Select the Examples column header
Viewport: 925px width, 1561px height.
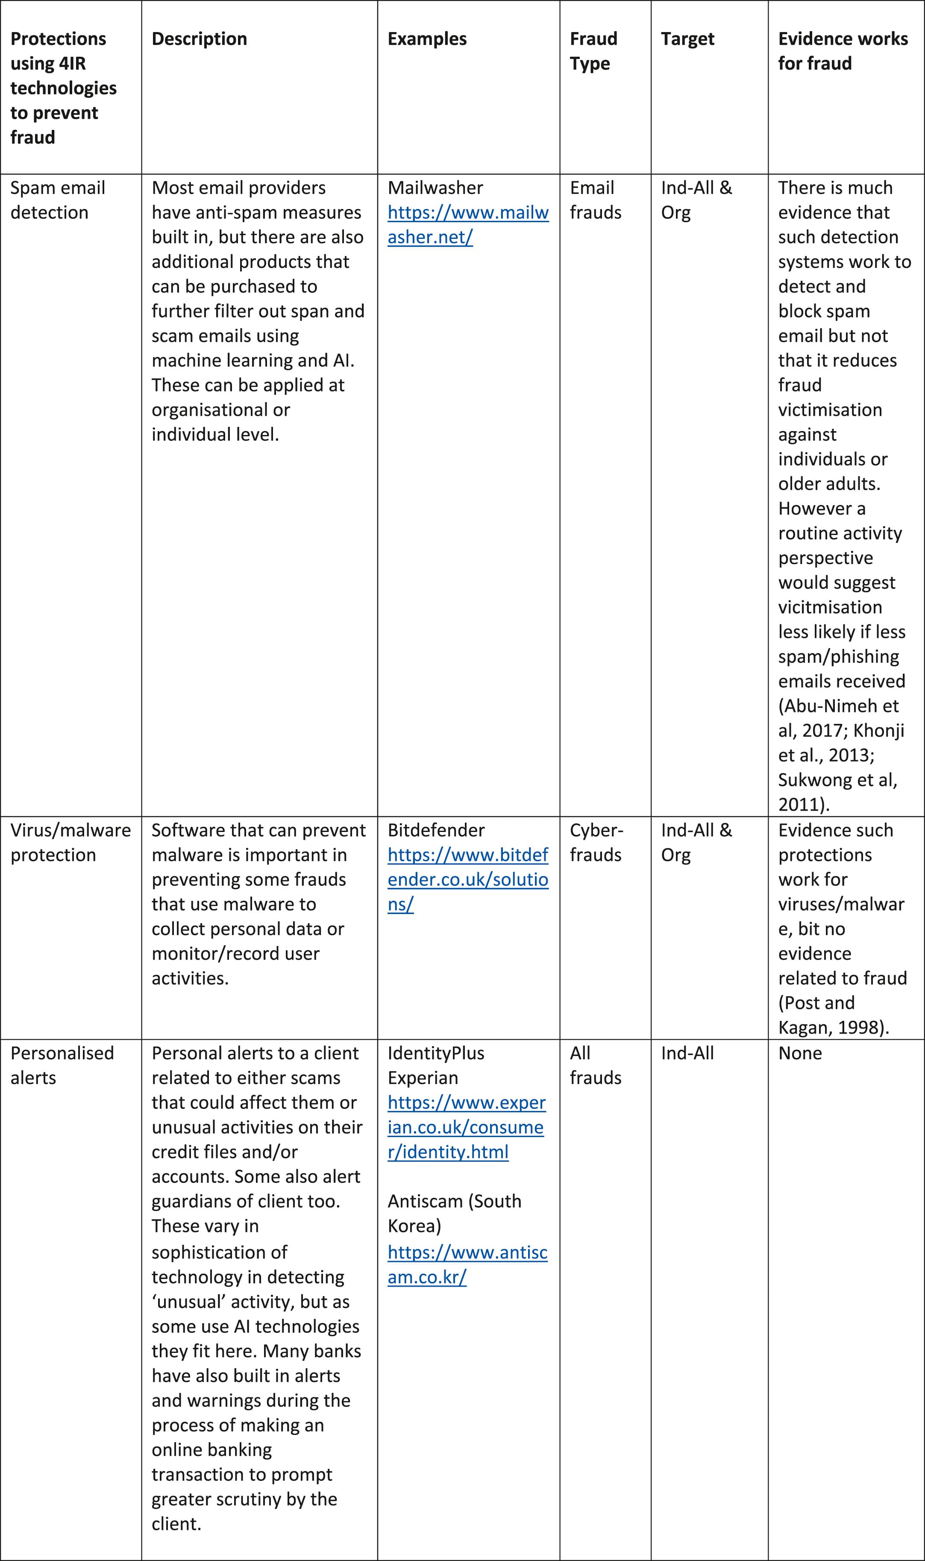426,38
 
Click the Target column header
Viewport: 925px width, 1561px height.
687,38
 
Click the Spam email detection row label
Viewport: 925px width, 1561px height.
57,200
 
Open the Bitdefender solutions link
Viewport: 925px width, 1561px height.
467,879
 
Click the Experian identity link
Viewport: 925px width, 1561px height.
466,1127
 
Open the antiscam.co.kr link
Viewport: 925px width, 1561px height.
467,1264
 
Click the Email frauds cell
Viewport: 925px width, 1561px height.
595,200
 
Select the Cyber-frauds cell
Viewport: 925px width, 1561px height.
595,842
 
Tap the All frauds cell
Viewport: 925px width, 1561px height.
595,1065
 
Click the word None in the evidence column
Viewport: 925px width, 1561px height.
800,1053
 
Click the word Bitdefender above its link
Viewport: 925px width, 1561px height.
436,830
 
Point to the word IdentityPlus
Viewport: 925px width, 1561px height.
436,1053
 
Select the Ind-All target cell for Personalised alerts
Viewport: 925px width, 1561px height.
687,1053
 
